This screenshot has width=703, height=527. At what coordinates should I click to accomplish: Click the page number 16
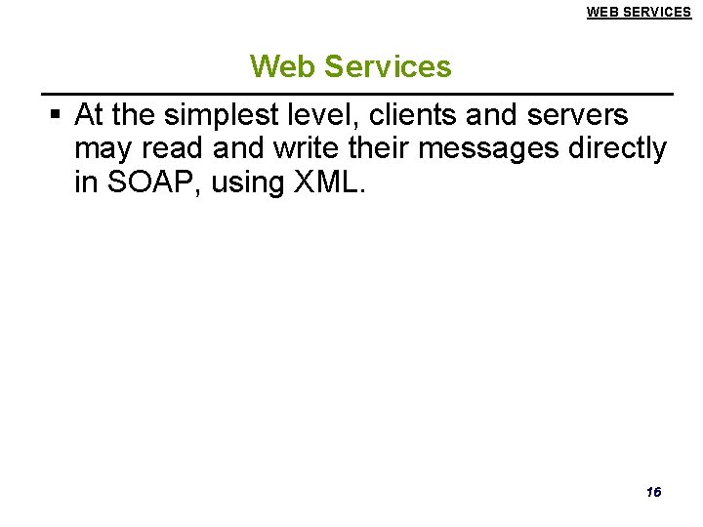point(653,492)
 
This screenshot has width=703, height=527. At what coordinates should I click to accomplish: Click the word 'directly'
point(623,149)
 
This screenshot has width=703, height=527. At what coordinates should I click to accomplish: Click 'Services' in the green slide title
point(388,66)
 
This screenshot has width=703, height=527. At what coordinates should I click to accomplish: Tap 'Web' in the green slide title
point(283,66)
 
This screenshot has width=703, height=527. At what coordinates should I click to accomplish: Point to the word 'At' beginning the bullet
point(89,115)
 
